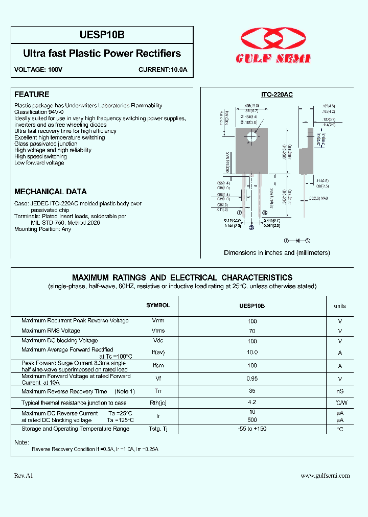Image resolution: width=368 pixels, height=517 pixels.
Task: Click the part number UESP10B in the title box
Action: pos(102,35)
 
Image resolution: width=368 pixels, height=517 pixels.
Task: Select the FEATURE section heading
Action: pos(32,95)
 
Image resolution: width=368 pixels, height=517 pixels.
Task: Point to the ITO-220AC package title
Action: pos(277,95)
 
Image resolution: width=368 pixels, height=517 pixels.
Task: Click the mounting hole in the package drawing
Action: pos(251,137)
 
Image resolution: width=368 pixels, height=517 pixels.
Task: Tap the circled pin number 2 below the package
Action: pos(251,228)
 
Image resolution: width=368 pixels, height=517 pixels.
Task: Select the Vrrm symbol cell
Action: pos(158,321)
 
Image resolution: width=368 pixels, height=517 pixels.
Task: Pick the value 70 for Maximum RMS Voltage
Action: pos(252,331)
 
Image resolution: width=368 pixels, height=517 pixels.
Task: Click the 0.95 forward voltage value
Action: pos(252,379)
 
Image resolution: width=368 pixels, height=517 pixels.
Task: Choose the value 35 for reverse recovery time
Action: pos(252,391)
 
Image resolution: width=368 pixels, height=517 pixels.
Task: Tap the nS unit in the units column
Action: pos(340,392)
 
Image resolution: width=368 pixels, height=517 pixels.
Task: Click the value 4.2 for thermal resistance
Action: pos(252,403)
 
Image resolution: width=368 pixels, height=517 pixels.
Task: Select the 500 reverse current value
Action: pos(252,420)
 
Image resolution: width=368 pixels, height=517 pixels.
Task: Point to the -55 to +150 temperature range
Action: pos(252,429)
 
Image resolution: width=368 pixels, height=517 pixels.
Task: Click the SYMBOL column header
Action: pos(158,305)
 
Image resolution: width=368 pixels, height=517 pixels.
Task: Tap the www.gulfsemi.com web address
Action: pos(325,476)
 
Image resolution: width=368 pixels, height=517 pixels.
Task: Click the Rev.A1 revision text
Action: pos(24,476)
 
